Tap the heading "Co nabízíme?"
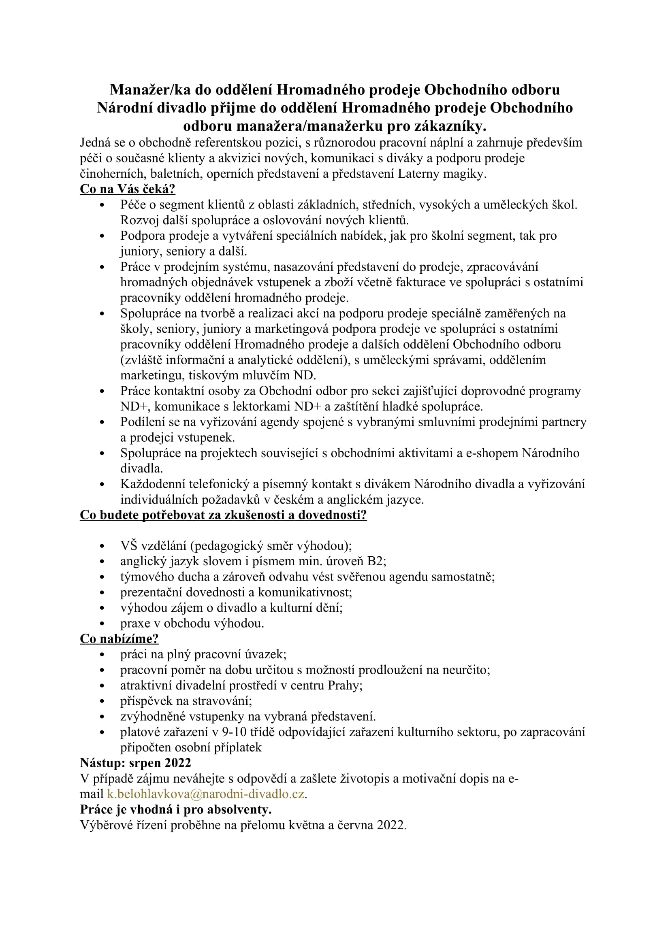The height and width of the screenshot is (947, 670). [119, 638]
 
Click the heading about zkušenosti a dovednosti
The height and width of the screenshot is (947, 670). [223, 515]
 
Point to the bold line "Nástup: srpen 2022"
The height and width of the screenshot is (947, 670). [135, 763]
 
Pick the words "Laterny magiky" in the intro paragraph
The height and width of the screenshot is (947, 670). [442, 174]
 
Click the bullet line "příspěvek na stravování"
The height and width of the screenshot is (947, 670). [186, 701]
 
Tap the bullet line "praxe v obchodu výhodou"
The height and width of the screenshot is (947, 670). [192, 623]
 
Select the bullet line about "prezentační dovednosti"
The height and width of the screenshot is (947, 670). [236, 592]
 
